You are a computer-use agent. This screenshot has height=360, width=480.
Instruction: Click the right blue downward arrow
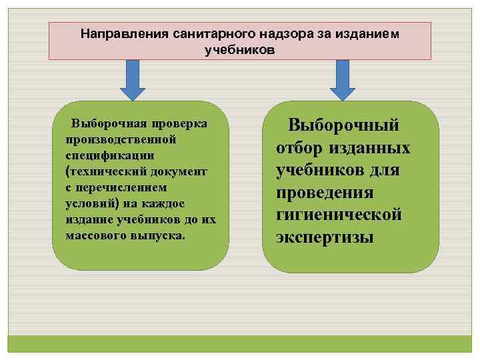tap(343, 79)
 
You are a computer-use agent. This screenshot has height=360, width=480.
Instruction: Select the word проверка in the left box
tap(179, 124)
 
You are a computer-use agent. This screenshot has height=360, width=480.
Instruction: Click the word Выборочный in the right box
tap(343, 125)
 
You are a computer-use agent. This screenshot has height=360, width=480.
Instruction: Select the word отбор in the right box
tap(300, 147)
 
